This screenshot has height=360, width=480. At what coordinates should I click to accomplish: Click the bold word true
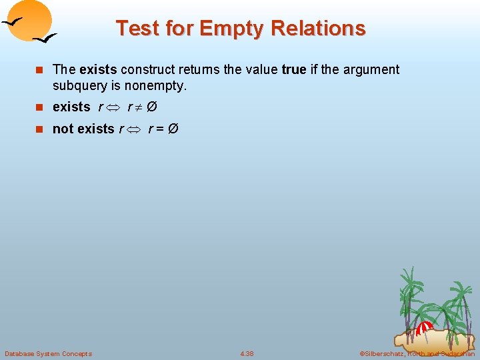point(294,69)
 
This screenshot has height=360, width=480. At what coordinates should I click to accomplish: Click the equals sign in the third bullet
point(160,129)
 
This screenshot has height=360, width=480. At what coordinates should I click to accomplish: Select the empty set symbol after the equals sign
point(173,129)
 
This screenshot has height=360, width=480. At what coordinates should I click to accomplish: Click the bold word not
point(62,129)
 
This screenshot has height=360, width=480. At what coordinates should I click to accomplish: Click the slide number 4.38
point(247,353)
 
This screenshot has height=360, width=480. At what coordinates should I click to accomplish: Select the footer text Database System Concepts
point(49,353)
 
